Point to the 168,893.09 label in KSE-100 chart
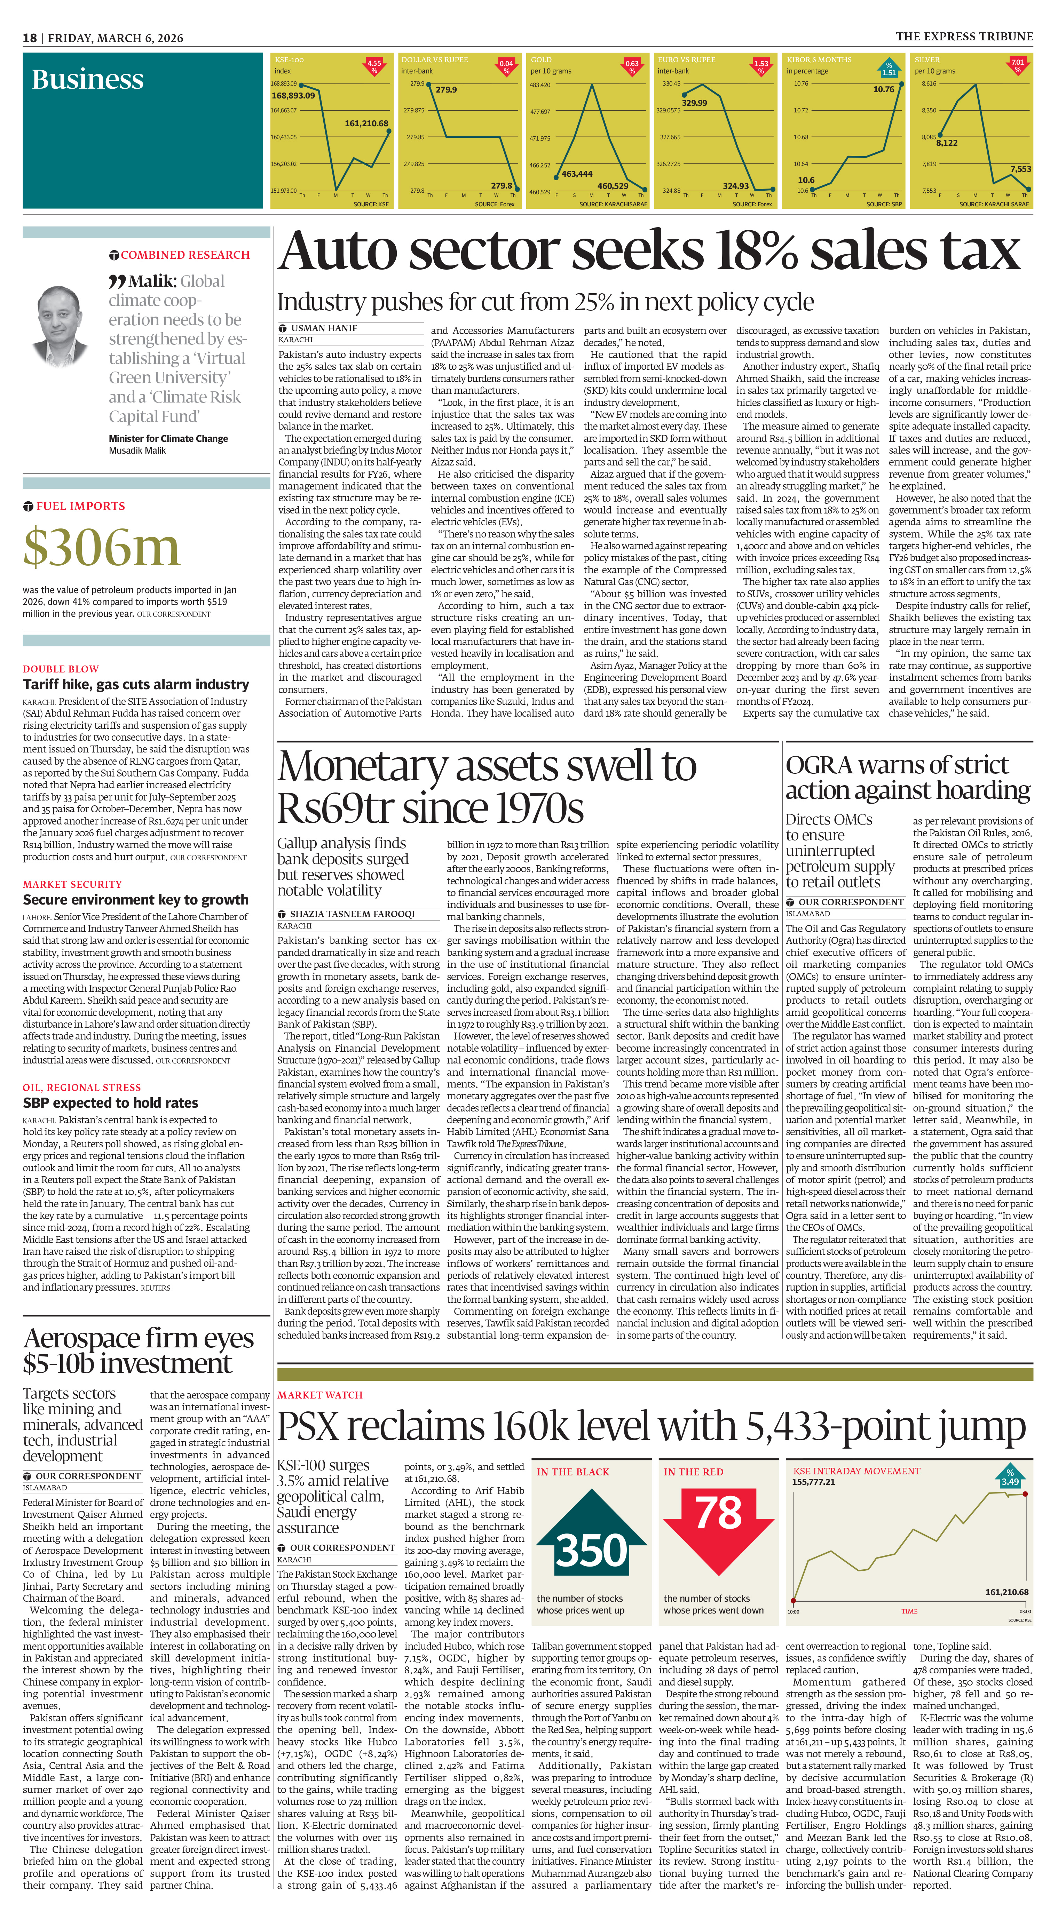(293, 95)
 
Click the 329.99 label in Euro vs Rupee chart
(694, 103)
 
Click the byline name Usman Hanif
(324, 328)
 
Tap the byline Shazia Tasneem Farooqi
(352, 914)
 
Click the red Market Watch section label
(320, 1395)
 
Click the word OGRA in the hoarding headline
(819, 765)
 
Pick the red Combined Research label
(185, 255)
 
